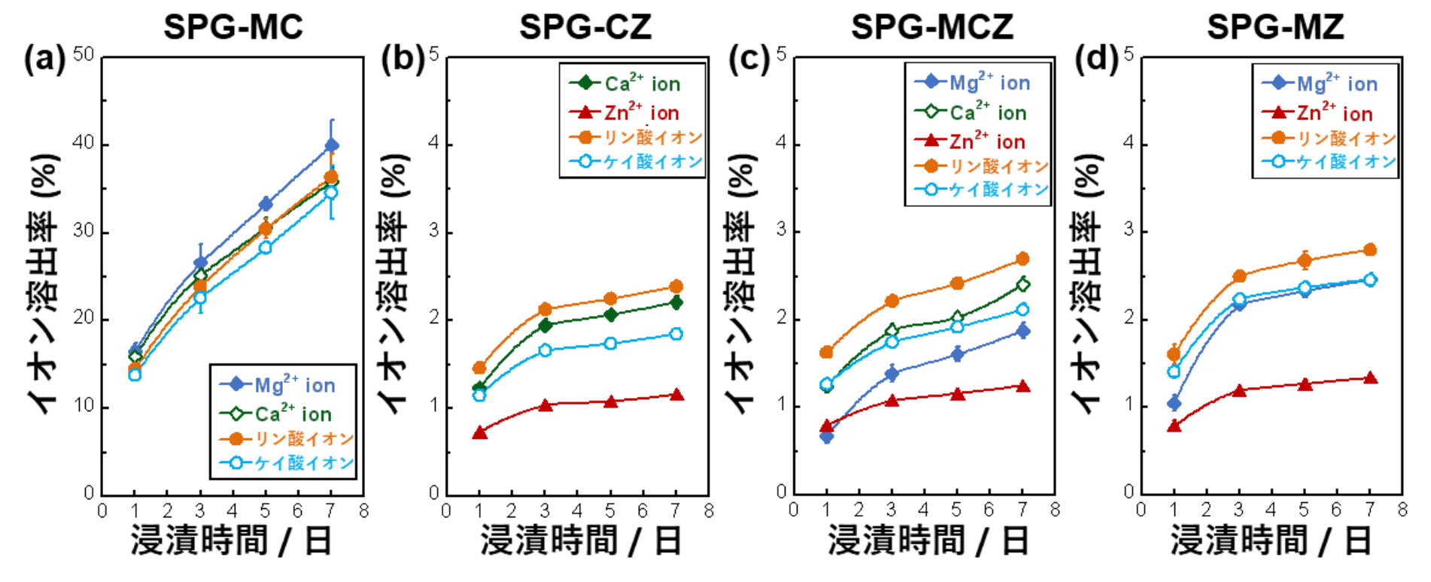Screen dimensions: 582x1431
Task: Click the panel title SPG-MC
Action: (x=233, y=28)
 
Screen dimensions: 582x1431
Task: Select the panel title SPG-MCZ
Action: (x=931, y=28)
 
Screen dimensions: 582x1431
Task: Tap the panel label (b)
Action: (x=403, y=59)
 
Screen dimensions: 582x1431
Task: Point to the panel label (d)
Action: (x=1097, y=59)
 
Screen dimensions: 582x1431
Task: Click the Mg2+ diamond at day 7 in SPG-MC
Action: (x=331, y=145)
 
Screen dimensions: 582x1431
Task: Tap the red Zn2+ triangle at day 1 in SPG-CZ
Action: (x=480, y=432)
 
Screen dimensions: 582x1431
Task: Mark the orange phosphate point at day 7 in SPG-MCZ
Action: (x=1022, y=259)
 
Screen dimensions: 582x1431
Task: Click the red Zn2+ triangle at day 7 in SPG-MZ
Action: (x=1370, y=377)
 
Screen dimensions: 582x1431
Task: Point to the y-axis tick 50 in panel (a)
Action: (x=84, y=55)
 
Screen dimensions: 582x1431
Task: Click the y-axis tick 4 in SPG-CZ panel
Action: (x=434, y=143)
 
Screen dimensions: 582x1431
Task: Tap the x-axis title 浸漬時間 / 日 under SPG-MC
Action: (x=232, y=541)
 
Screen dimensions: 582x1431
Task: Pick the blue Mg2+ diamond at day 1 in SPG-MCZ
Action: (x=827, y=436)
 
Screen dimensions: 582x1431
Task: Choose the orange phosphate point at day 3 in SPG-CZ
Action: (x=545, y=309)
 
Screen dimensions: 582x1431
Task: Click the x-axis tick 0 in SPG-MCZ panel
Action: (x=794, y=511)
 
